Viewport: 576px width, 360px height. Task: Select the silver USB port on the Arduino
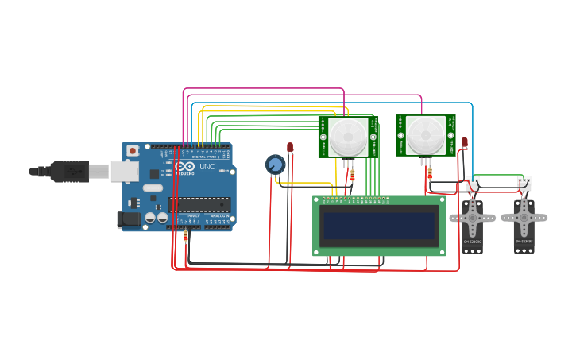pos(124,171)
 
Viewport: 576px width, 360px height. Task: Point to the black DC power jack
pos(127,220)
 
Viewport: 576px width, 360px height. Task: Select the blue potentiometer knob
pos(275,165)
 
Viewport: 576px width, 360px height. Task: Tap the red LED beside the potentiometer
pos(290,147)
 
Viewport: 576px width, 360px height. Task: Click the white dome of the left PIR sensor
pos(349,137)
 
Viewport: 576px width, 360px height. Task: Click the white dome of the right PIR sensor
pos(427,135)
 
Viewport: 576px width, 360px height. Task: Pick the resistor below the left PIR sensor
pos(352,174)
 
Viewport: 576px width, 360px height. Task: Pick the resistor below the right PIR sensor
pos(430,172)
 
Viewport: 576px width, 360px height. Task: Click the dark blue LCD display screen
pos(379,226)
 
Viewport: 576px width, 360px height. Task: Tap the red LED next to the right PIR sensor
pos(465,143)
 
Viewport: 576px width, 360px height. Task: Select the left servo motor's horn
pos(473,216)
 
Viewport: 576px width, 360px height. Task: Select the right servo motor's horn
pos(524,216)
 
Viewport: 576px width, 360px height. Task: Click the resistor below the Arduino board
pos(186,236)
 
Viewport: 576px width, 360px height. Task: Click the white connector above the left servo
pos(473,183)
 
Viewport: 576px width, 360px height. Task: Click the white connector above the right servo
pos(524,183)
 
